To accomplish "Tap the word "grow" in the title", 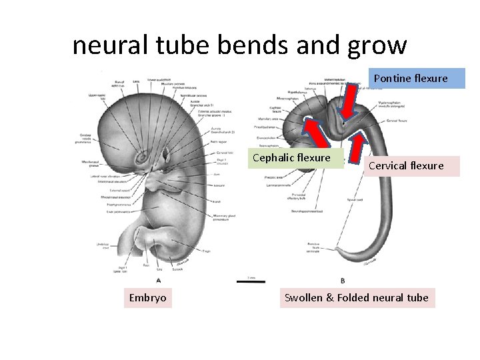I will click(377, 45).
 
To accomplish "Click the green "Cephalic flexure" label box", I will click(291, 158).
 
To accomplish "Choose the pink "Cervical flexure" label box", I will click(405, 166).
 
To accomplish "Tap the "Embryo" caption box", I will click(147, 297).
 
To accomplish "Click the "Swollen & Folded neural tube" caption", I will click(357, 297).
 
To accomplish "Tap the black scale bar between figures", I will click(251, 281).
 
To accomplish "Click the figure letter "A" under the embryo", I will click(158, 281).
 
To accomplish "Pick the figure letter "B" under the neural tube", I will click(343, 281).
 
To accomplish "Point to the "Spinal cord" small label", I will click(355, 199).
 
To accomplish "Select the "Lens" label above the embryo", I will click(136, 81).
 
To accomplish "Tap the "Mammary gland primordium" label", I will click(221, 217).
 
